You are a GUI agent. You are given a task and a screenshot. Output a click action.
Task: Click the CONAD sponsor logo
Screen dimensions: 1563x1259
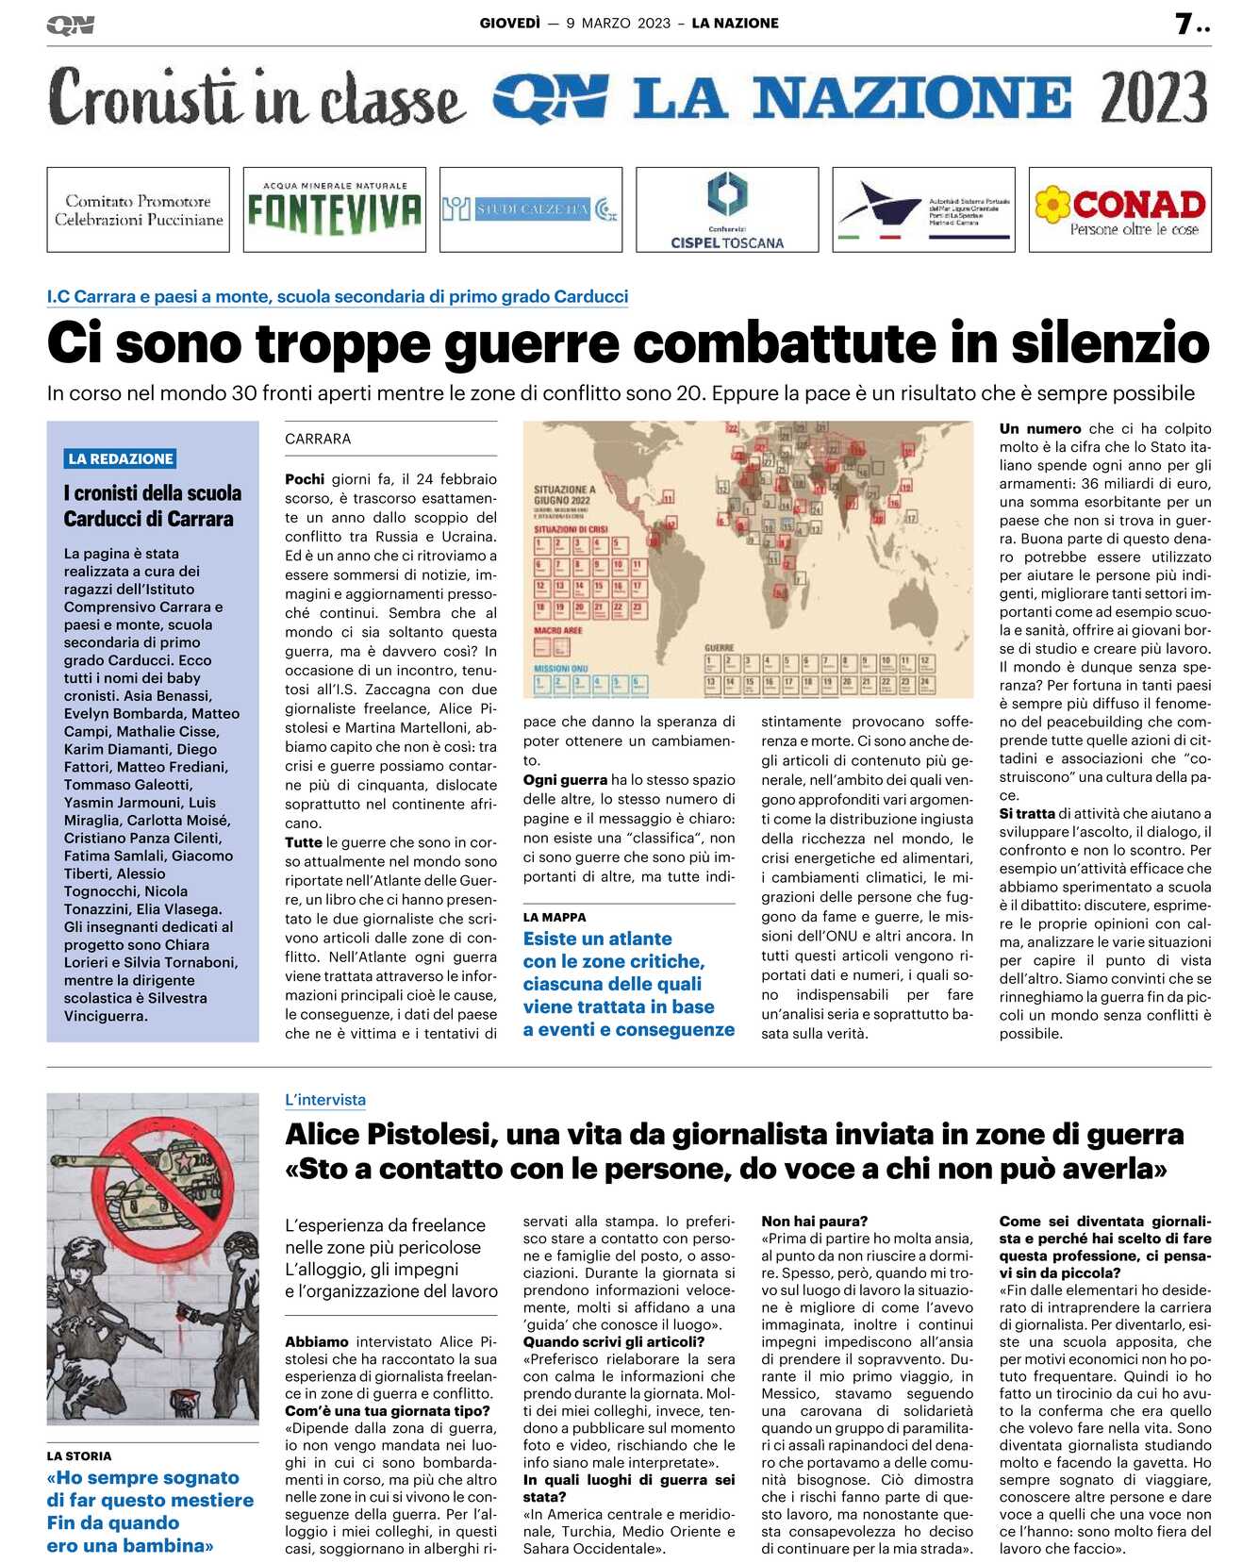(x=1119, y=209)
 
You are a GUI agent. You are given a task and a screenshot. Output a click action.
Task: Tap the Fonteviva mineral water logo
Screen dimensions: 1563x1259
(x=334, y=209)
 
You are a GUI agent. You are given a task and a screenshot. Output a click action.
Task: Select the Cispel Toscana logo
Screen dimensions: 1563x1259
(x=726, y=209)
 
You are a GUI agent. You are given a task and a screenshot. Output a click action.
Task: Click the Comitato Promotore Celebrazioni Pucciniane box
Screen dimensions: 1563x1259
(x=139, y=209)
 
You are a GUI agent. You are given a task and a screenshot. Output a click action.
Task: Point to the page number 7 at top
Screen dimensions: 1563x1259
(x=1184, y=24)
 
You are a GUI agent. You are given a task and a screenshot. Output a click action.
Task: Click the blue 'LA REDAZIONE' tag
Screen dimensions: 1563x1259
(x=121, y=458)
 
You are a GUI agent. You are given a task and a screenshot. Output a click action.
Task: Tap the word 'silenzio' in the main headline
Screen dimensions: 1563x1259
(x=1110, y=342)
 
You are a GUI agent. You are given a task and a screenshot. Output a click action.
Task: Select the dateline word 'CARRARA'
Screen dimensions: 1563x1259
(x=318, y=439)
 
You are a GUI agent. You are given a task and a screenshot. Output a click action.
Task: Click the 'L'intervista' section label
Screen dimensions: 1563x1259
(x=325, y=1100)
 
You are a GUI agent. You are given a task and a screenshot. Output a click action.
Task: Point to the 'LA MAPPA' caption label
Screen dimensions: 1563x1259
(x=555, y=917)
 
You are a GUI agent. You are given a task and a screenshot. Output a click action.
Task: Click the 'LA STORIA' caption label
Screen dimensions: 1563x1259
(x=79, y=1455)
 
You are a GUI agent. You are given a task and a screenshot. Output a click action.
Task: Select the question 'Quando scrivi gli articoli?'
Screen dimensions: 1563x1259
(x=614, y=1341)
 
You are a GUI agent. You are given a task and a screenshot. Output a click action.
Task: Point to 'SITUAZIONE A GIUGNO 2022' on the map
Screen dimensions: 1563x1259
(x=564, y=495)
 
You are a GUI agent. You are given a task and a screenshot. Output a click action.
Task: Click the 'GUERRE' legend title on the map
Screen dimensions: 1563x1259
(x=720, y=648)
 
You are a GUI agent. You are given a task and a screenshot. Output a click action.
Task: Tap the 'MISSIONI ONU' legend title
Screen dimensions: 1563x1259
(x=560, y=668)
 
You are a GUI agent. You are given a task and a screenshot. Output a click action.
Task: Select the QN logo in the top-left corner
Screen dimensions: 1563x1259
(x=71, y=25)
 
